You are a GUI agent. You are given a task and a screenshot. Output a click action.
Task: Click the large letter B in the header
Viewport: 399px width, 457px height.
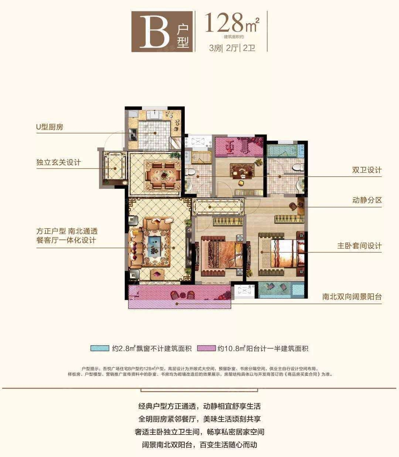coord(154,32)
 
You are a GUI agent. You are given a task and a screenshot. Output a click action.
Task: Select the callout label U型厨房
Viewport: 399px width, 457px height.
coord(50,127)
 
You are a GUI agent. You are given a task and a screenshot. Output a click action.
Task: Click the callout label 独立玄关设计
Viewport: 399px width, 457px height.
coord(58,162)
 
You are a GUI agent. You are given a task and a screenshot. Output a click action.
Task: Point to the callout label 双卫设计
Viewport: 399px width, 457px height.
coord(367,170)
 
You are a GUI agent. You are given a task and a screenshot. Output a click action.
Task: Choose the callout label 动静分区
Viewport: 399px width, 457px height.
coord(367,200)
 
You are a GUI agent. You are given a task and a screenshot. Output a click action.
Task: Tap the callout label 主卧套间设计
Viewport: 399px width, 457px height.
coord(359,246)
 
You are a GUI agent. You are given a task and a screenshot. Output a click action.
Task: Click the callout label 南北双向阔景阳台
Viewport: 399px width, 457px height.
coord(352,297)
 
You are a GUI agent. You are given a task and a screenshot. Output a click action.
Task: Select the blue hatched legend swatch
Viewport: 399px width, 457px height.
coord(100,348)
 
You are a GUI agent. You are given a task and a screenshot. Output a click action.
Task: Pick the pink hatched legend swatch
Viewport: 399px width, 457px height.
coord(207,348)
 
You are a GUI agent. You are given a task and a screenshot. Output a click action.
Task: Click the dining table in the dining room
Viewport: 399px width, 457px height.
coord(164,176)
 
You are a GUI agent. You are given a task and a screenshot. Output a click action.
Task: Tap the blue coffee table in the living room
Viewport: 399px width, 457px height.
coord(156,246)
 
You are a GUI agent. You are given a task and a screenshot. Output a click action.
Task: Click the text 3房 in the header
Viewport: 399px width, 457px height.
coord(215,48)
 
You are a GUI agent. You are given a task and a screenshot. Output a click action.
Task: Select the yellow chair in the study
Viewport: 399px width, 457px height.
coord(241,183)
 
